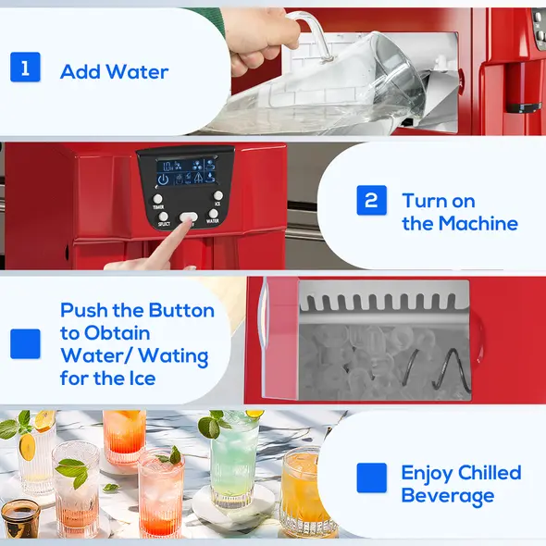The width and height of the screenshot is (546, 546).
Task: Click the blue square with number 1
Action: click(x=25, y=68)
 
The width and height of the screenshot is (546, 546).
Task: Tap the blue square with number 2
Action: click(x=371, y=201)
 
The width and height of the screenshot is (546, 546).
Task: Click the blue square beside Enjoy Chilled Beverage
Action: click(x=371, y=478)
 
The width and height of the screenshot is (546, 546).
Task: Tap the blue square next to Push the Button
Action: click(x=25, y=344)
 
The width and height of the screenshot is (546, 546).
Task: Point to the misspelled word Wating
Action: click(x=176, y=355)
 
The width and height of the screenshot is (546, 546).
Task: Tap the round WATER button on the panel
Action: click(x=214, y=212)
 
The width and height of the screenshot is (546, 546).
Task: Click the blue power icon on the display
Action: click(x=164, y=178)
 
